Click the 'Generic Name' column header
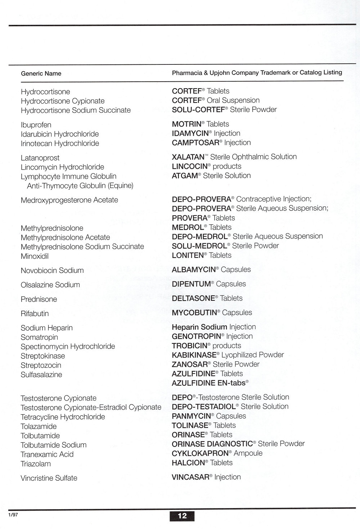pos(41,73)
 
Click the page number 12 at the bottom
pos(182,516)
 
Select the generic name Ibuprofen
pos(36,125)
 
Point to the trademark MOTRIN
pos(186,124)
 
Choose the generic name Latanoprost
pos(40,158)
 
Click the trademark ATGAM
pos(185,176)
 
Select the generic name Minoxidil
pos(35,256)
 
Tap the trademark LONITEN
pos(188,255)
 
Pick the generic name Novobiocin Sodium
pos(52,270)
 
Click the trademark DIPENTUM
pos(191,284)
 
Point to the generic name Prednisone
pos(39,299)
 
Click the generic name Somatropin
pos(39,337)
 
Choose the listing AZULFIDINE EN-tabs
pos(210,383)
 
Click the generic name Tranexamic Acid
pos(47,454)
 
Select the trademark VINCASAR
pos(190,477)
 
